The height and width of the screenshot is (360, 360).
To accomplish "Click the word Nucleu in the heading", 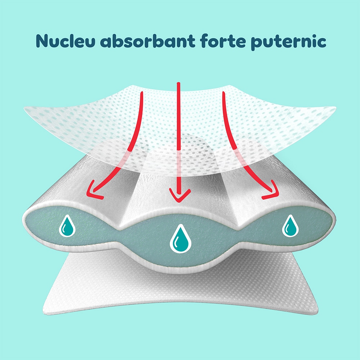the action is pyautogui.click(x=66, y=41).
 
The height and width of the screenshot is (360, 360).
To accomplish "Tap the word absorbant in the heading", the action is pyautogui.click(x=147, y=41).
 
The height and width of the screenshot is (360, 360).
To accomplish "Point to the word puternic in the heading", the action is pyautogui.click(x=288, y=42).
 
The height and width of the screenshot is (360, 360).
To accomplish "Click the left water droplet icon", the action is pyautogui.click(x=67, y=226).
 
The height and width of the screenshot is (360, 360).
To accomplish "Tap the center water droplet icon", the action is pyautogui.click(x=180, y=239).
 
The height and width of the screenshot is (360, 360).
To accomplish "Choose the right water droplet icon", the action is pyautogui.click(x=290, y=226).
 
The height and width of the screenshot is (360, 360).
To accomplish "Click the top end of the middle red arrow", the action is pyautogui.click(x=179, y=83).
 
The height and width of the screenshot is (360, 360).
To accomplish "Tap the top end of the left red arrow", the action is pyautogui.click(x=141, y=93).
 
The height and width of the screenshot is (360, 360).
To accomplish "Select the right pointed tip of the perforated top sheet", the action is pyautogui.click(x=336, y=107).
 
